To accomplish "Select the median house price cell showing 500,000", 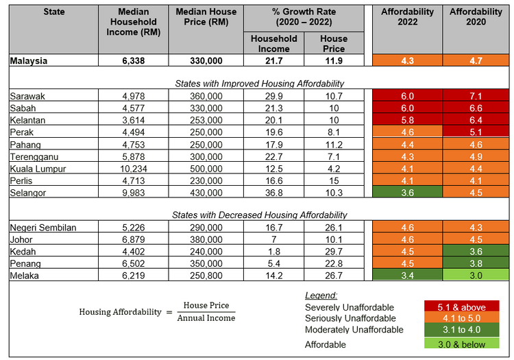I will click(x=206, y=169).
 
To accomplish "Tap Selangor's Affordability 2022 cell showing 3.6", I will click(x=407, y=193).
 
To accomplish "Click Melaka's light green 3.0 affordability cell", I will click(x=476, y=276).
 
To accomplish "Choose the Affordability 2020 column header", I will click(x=476, y=17).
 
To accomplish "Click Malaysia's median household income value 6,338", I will click(x=133, y=61).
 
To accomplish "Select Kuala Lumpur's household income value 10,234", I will click(x=133, y=169).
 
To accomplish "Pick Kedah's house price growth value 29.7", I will click(x=334, y=252).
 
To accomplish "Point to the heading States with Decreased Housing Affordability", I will click(x=258, y=215).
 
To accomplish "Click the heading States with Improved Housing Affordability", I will click(x=258, y=84).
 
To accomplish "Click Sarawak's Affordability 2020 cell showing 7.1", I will click(x=476, y=97).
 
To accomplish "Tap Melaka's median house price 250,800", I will click(x=206, y=276).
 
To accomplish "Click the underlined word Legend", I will click(x=320, y=296).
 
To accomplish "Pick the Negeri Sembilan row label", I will click(x=43, y=228).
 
